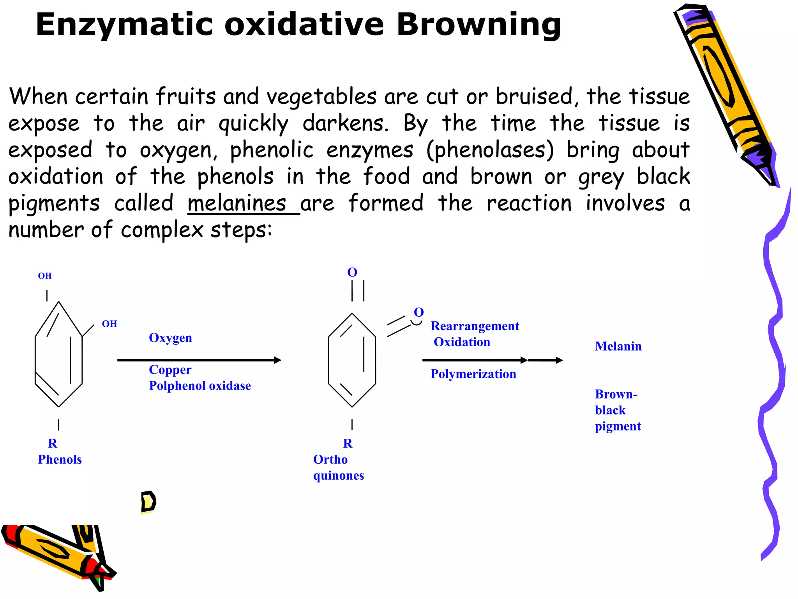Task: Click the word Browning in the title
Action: click(478, 25)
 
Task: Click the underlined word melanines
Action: click(237, 204)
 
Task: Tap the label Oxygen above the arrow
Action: click(170, 338)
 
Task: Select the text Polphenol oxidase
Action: click(200, 386)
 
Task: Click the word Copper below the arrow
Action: click(170, 370)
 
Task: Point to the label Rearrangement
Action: click(475, 326)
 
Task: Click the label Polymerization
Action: click(473, 374)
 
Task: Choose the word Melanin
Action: click(618, 346)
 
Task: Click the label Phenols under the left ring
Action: click(60, 459)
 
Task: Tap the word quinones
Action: click(338, 476)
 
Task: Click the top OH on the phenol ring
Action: click(45, 276)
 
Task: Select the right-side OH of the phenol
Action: click(109, 324)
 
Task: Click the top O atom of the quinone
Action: click(352, 272)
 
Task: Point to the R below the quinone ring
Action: click(348, 443)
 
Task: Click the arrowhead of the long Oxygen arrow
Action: click(277, 360)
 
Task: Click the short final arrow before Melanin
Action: click(546, 360)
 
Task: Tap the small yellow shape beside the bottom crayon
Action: click(148, 502)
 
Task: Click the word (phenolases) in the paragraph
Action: click(490, 150)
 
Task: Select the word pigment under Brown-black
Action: click(618, 426)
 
